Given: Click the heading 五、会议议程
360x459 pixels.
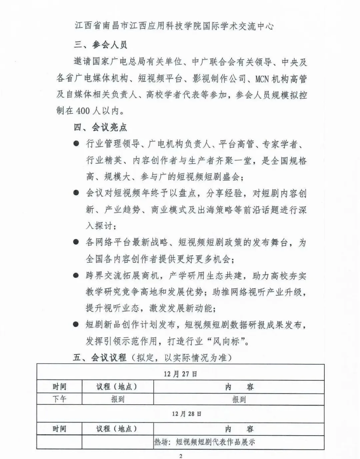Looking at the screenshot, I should coord(100,358).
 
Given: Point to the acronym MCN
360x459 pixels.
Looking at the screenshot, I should coord(264,79).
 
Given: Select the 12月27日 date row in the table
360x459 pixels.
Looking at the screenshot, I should coord(180,374).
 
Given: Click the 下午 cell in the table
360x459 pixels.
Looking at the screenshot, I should coord(59,399).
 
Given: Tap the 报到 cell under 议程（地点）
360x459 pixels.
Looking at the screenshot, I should coord(118,399).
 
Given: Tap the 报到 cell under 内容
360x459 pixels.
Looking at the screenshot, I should coord(239,399).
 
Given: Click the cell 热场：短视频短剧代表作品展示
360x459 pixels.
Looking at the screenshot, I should coord(204,442).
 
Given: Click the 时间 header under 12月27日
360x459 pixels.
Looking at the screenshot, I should coord(59,387).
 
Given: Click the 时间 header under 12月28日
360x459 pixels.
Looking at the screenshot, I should coord(59,429).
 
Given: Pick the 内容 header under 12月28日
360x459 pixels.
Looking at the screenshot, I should coord(239,429).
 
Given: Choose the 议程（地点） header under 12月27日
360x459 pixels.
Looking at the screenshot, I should coord(117,387).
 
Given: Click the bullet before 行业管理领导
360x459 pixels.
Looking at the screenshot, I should coord(77,144).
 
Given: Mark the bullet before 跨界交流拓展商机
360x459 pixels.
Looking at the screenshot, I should coord(77,276).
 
